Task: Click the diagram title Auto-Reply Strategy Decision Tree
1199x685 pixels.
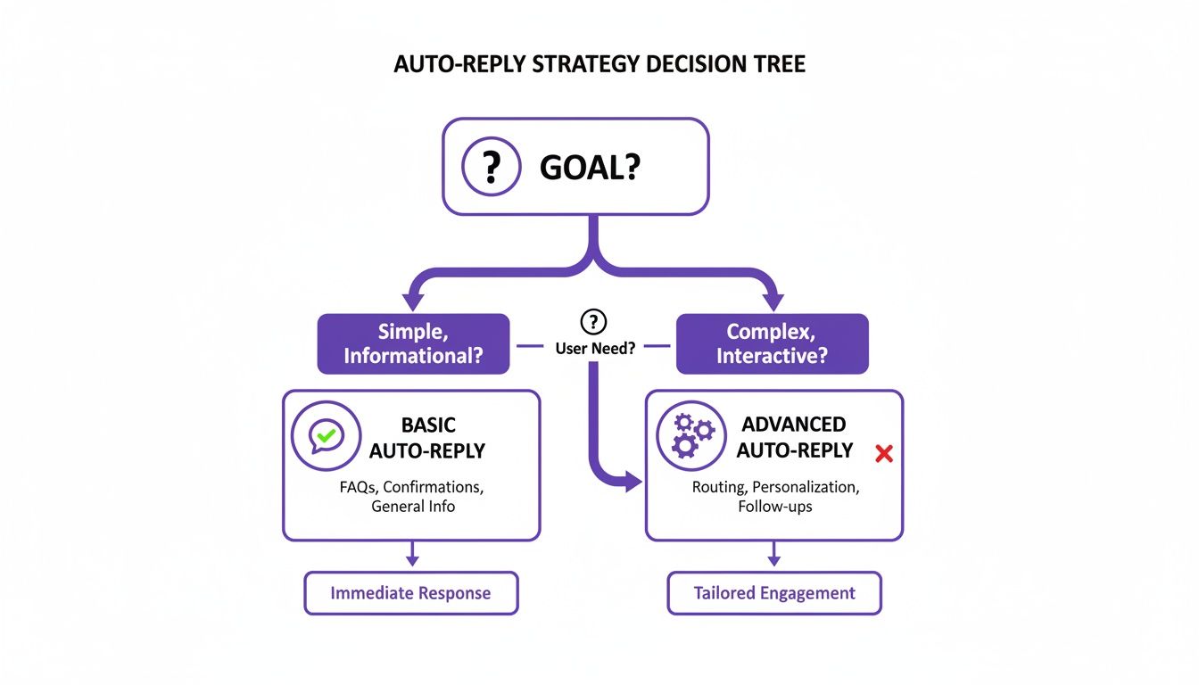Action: click(x=599, y=66)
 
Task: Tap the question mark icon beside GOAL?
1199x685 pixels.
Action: click(x=490, y=167)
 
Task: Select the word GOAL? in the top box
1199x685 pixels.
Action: click(x=590, y=168)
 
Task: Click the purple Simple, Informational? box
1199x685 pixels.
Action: click(x=413, y=343)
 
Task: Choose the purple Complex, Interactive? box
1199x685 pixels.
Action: click(x=772, y=343)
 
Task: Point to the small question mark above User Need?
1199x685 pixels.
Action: click(x=593, y=322)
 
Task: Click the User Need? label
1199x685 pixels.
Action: click(x=595, y=348)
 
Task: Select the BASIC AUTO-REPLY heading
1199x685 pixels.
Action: click(x=427, y=437)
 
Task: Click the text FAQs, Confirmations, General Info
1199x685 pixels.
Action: click(x=412, y=497)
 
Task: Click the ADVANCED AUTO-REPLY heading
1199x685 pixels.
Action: click(x=794, y=437)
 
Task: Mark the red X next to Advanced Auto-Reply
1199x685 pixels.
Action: click(x=884, y=454)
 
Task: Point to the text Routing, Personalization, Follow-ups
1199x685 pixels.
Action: click(x=774, y=497)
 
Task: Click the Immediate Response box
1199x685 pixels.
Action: click(x=410, y=593)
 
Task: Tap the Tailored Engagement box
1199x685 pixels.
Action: click(x=773, y=593)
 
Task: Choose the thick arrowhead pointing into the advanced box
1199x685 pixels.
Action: click(x=634, y=483)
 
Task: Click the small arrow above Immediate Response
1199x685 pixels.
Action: click(x=411, y=559)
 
